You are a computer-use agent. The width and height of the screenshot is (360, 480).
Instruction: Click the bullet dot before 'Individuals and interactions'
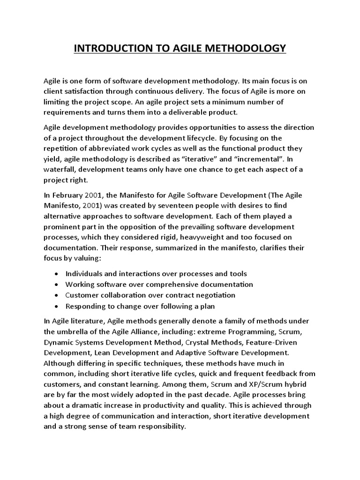click(56, 274)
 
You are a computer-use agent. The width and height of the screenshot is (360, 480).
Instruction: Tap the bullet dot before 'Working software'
click(56, 285)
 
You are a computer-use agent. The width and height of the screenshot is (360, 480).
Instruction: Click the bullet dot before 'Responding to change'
click(56, 307)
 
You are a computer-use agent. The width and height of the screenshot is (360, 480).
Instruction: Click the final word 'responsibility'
click(162, 427)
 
